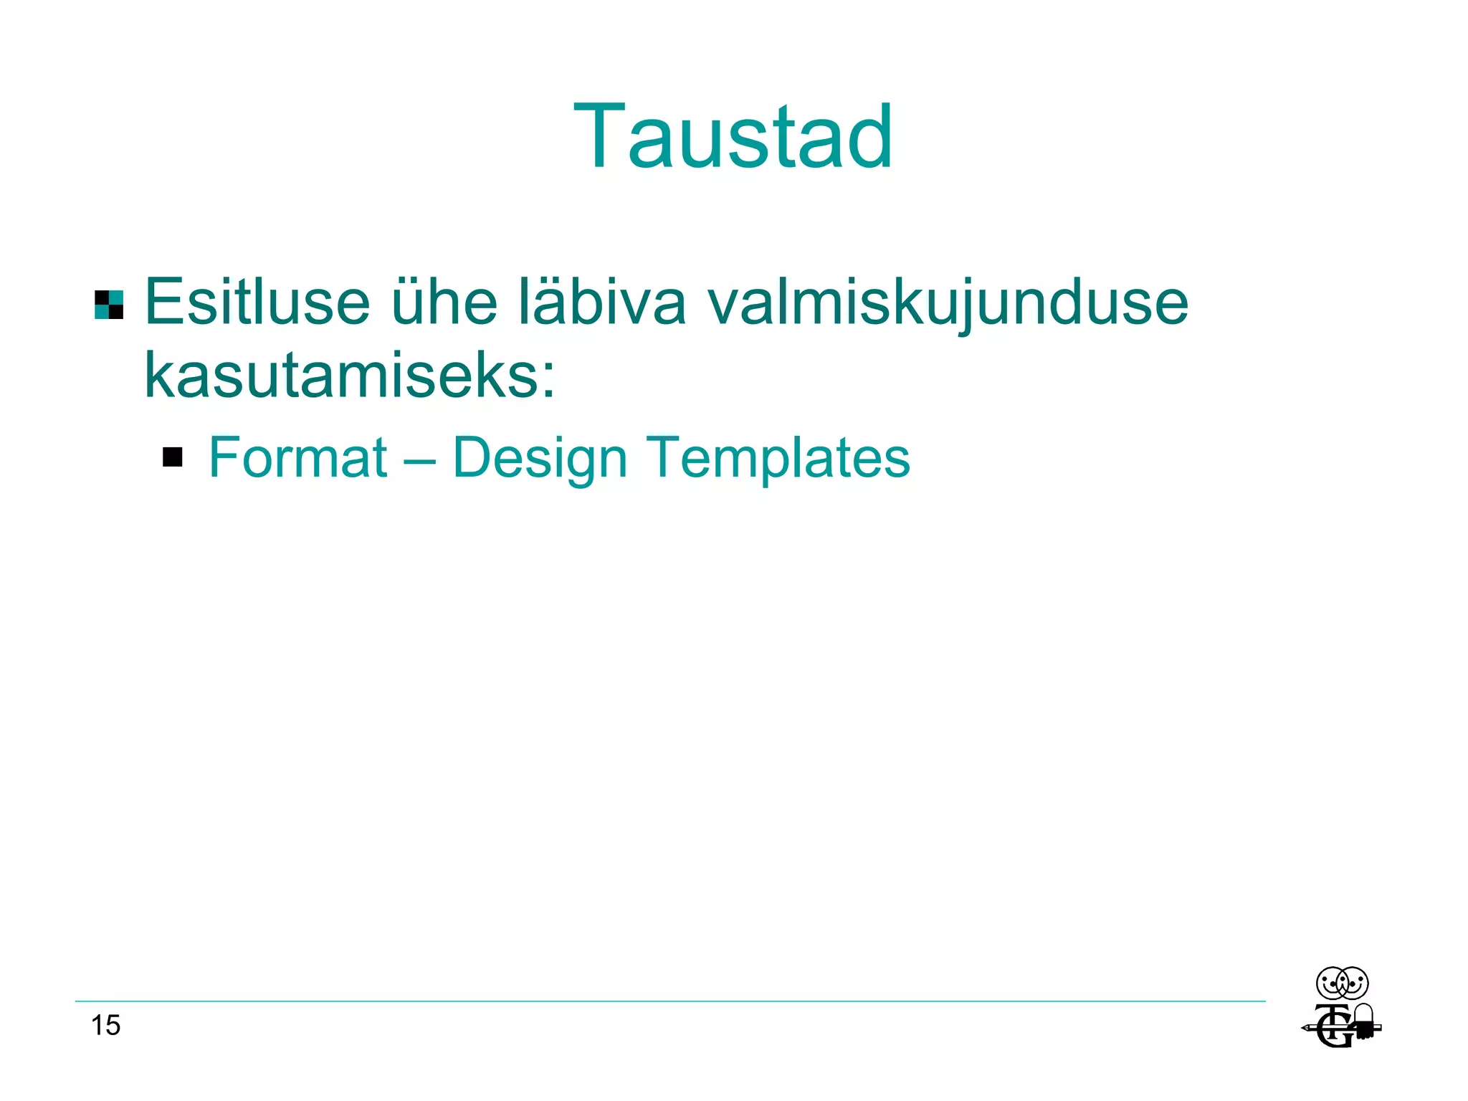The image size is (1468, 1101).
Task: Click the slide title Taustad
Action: (733, 136)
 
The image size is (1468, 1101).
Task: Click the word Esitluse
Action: (257, 302)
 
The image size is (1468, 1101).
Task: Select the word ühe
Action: (444, 302)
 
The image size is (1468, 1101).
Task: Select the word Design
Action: (540, 459)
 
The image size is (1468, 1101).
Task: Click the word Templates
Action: (778, 459)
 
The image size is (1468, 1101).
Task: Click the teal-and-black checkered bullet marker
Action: (109, 305)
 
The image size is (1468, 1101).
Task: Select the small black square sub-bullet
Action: (173, 457)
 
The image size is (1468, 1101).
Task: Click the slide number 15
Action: (105, 1025)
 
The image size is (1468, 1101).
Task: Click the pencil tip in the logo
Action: (1305, 1029)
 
